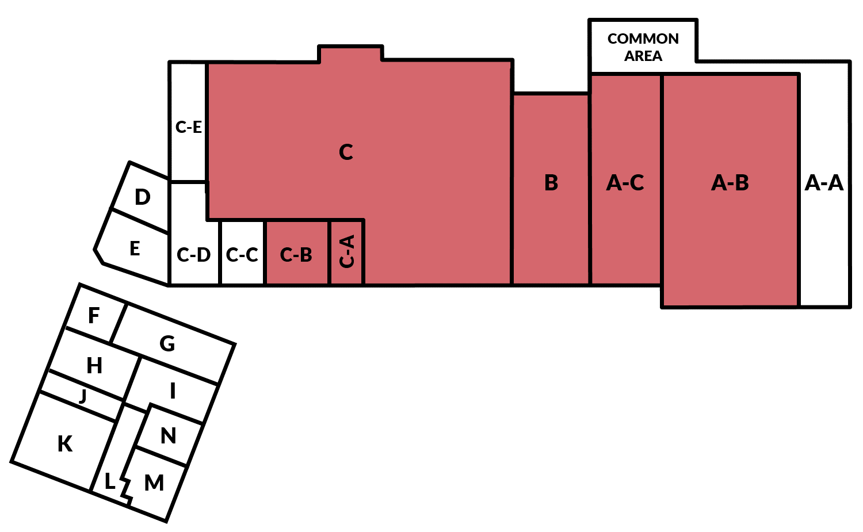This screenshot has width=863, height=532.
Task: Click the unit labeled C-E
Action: pyautogui.click(x=188, y=127)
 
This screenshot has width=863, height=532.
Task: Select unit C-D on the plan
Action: pyautogui.click(x=194, y=254)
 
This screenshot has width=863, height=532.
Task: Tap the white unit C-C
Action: pyautogui.click(x=242, y=254)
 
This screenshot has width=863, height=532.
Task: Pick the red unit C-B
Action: pyautogui.click(x=296, y=254)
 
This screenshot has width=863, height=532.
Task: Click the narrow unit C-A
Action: pyautogui.click(x=347, y=252)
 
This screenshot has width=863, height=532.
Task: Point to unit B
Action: pyautogui.click(x=551, y=183)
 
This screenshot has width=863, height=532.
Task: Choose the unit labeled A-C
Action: pyautogui.click(x=625, y=183)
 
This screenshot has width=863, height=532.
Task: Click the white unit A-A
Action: pyautogui.click(x=824, y=183)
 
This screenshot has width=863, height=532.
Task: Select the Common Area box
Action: pyautogui.click(x=643, y=47)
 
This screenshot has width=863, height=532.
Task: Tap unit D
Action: pyautogui.click(x=142, y=197)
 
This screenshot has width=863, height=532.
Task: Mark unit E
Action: pyautogui.click(x=135, y=248)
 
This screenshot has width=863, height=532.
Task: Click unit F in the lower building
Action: pyautogui.click(x=94, y=315)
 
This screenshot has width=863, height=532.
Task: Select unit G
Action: pyautogui.click(x=167, y=344)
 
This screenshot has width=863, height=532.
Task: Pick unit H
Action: pyautogui.click(x=94, y=365)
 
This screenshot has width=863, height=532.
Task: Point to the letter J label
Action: pyautogui.click(x=83, y=396)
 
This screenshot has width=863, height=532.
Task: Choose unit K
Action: pyautogui.click(x=65, y=444)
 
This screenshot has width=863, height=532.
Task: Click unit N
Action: pyautogui.click(x=168, y=436)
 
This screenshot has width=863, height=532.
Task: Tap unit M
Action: pyautogui.click(x=154, y=483)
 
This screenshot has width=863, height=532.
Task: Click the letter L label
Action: pyautogui.click(x=109, y=481)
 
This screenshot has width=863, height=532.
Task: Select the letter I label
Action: pyautogui.click(x=173, y=391)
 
